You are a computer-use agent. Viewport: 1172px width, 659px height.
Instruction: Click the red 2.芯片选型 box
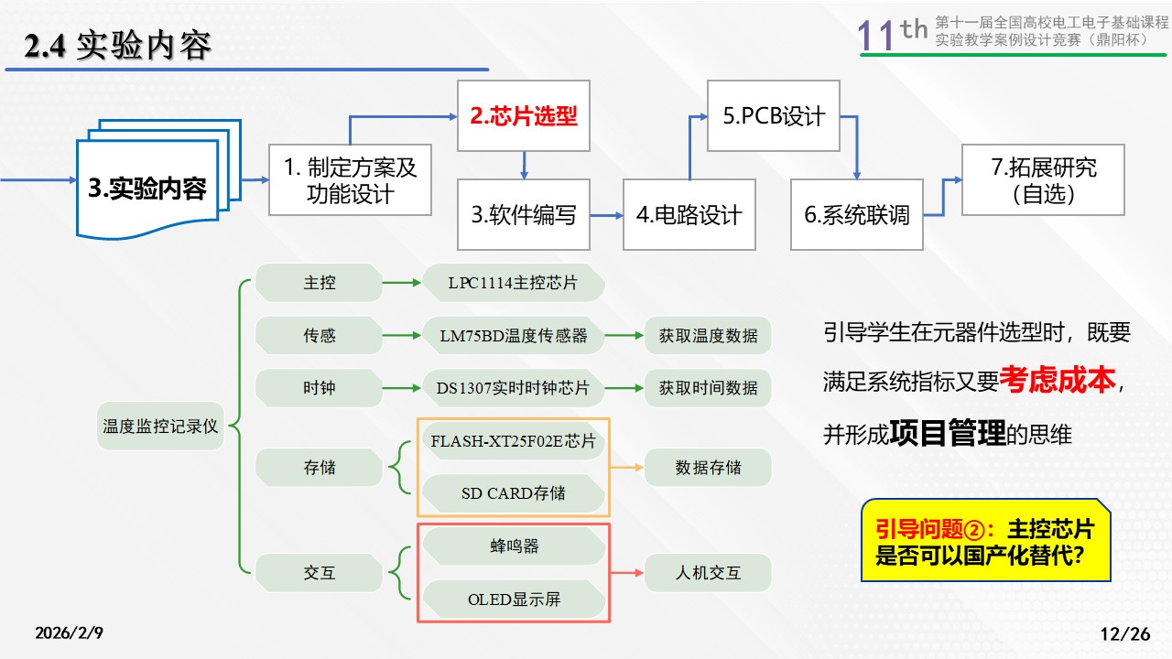click(524, 116)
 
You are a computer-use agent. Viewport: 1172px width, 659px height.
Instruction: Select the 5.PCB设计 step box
click(774, 116)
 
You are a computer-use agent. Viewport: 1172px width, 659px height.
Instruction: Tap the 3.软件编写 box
click(524, 215)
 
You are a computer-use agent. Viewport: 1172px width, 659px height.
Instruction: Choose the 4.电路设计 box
click(689, 215)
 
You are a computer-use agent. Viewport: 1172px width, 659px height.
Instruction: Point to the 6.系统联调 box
click(857, 215)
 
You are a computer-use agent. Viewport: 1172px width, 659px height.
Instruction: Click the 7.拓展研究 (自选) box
click(1044, 181)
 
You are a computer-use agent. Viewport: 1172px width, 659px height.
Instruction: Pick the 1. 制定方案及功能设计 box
click(350, 180)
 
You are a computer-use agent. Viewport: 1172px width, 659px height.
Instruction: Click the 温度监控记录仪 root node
click(161, 427)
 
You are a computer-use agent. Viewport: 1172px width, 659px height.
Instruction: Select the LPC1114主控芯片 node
click(513, 283)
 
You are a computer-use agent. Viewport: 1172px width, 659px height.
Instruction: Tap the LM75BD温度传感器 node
click(513, 336)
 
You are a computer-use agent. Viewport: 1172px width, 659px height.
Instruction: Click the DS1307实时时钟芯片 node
click(513, 388)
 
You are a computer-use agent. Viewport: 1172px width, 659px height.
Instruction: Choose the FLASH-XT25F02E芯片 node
click(513, 442)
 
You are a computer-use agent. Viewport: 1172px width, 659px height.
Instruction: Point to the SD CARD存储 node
click(513, 493)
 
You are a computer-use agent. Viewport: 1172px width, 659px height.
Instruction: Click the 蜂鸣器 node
click(513, 546)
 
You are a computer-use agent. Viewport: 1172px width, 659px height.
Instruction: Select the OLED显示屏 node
click(513, 600)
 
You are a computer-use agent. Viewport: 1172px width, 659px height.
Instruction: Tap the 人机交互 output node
click(708, 574)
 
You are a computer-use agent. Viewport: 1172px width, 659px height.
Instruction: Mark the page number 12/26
click(1123, 633)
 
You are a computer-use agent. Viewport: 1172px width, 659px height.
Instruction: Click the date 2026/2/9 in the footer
click(70, 633)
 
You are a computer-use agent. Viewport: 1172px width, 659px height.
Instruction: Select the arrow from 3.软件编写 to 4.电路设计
click(606, 215)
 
